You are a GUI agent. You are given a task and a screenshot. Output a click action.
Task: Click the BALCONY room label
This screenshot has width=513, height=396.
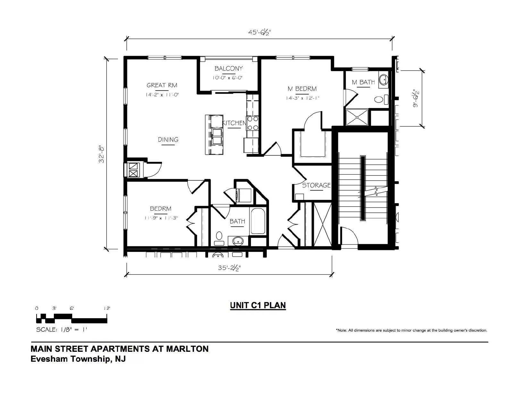(228, 68)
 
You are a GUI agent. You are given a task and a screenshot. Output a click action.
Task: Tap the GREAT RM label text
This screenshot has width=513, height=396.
(162, 85)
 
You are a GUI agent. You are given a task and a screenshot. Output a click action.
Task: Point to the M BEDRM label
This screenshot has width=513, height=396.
(302, 89)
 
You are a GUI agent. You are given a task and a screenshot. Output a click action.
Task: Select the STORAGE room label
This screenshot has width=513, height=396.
(316, 185)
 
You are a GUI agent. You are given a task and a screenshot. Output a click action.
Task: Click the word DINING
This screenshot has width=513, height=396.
(168, 139)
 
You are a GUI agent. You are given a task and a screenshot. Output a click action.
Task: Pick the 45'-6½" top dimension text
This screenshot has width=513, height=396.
(259, 32)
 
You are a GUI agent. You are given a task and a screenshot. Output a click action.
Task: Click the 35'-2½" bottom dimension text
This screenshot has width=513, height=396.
(229, 268)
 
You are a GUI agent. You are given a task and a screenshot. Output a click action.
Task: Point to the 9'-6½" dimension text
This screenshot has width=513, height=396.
(416, 98)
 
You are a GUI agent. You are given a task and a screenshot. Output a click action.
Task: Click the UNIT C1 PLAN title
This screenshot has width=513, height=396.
(258, 305)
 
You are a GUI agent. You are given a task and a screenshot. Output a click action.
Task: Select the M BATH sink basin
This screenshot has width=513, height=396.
(383, 79)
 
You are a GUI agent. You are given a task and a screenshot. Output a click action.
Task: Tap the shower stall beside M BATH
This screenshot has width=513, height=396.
(357, 117)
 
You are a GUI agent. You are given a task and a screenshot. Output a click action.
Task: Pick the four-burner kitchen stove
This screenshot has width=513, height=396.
(252, 123)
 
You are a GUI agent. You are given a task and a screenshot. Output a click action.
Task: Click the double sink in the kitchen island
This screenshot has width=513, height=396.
(217, 136)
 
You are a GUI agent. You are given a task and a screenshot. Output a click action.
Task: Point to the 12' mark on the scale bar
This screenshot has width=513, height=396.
(107, 308)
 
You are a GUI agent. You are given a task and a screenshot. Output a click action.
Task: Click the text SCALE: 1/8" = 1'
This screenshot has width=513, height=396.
(62, 329)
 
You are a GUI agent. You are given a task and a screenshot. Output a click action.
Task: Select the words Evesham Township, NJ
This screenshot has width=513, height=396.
(78, 359)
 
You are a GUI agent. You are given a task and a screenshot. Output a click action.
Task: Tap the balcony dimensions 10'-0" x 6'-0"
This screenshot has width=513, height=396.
(228, 78)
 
